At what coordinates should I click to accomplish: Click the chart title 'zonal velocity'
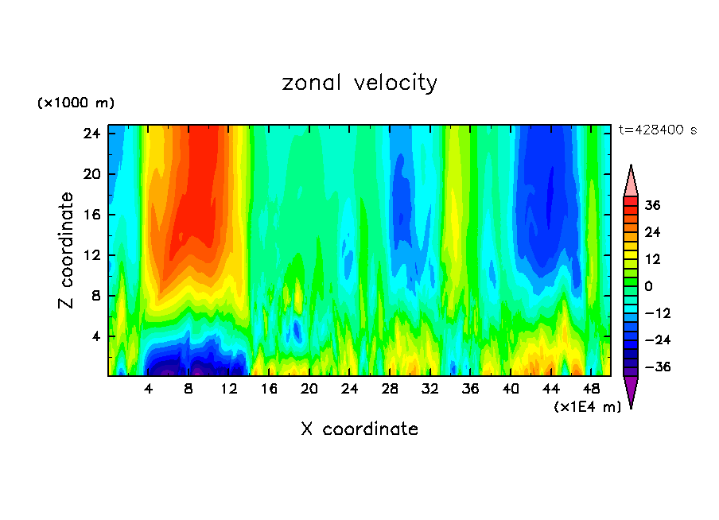[359, 83]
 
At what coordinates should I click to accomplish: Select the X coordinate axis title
[359, 429]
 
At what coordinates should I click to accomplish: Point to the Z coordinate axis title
[67, 250]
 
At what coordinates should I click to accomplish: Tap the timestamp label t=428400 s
[657, 130]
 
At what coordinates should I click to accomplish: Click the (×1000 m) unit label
[76, 103]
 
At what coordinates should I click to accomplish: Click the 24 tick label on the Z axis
[91, 134]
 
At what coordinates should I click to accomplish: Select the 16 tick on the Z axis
[91, 215]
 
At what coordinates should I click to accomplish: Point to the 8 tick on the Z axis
[95, 296]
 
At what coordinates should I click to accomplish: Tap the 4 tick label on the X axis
[149, 390]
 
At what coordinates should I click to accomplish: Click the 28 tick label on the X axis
[390, 390]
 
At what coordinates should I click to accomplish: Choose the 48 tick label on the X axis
[591, 390]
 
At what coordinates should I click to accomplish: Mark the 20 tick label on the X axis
[309, 390]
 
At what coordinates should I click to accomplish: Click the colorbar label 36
[653, 205]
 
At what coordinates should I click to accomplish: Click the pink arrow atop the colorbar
[631, 180]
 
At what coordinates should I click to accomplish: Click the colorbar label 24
[653, 232]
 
